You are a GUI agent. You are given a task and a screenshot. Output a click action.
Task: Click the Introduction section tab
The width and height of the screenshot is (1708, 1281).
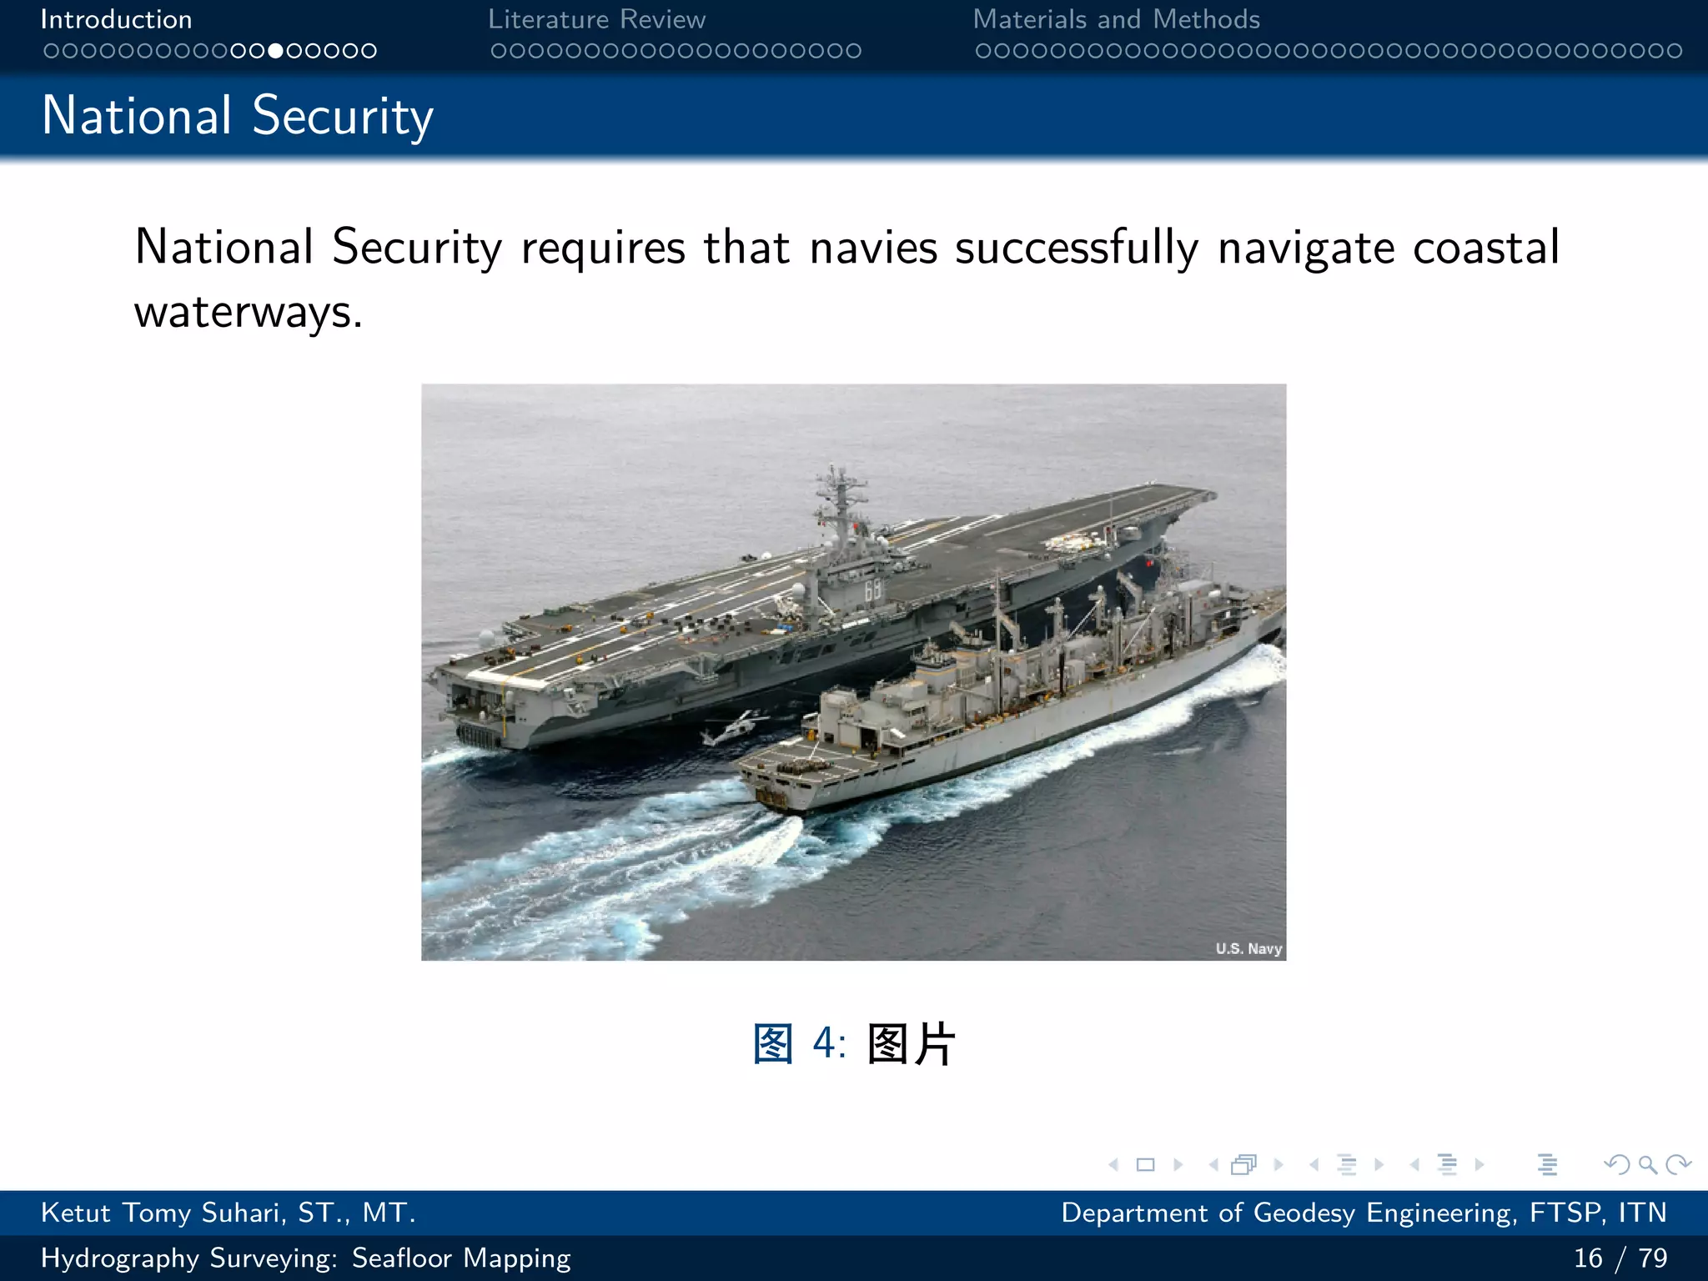click(116, 19)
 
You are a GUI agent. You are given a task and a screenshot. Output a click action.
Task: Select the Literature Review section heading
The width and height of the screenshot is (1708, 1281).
click(596, 19)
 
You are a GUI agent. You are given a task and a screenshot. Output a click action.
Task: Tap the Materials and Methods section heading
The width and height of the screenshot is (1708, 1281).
click(1116, 19)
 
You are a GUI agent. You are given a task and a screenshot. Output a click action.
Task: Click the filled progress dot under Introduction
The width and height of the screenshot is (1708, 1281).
click(275, 51)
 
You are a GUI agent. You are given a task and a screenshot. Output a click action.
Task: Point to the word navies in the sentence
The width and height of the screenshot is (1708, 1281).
click(873, 248)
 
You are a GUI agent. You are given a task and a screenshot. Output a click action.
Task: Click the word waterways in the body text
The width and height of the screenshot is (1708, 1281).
click(248, 312)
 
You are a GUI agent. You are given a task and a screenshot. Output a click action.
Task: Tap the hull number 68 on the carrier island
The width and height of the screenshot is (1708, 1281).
click(872, 590)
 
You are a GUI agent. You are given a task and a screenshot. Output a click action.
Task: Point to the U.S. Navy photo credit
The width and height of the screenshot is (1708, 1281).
click(1248, 948)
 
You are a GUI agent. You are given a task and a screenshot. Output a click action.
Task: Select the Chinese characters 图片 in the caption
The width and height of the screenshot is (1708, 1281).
click(911, 1043)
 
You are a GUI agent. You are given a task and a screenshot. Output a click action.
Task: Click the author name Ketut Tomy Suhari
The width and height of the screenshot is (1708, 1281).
click(228, 1213)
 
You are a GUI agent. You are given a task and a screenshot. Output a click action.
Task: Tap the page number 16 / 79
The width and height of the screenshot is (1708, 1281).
click(1620, 1258)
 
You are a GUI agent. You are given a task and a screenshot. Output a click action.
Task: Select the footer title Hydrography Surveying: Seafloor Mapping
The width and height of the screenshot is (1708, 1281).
click(305, 1258)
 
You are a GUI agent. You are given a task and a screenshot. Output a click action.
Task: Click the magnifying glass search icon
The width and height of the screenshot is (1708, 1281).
click(1647, 1164)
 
